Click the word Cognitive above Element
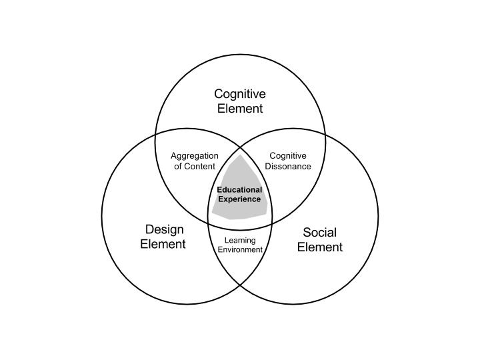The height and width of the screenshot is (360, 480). point(240,95)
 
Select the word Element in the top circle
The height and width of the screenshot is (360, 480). point(240,109)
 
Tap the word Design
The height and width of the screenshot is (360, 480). point(164,230)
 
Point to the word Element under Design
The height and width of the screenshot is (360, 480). point(163,244)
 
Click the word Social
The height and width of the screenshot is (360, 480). point(320,233)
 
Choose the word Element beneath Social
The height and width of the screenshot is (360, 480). point(320,247)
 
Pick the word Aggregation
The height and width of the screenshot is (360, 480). point(195,156)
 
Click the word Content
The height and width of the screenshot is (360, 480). point(201,167)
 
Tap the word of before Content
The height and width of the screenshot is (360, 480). point(179,167)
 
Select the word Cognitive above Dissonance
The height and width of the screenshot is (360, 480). point(288,156)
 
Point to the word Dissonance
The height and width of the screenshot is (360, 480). point(288,167)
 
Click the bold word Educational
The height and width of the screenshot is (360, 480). point(239,190)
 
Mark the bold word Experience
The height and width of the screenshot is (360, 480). point(239,199)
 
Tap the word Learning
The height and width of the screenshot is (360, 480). point(240,240)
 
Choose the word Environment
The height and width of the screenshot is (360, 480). point(240,250)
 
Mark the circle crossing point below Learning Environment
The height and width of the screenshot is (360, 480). point(240,285)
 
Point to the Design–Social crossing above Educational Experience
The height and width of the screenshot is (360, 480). point(240,147)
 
